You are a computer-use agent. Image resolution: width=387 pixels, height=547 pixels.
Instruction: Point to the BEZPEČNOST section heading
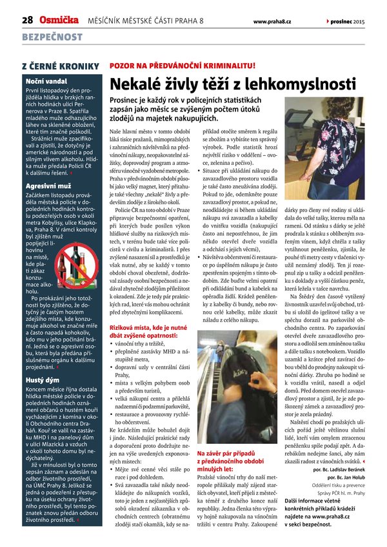coord(52,38)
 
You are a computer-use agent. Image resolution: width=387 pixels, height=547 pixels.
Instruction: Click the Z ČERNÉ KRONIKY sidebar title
coord(61,66)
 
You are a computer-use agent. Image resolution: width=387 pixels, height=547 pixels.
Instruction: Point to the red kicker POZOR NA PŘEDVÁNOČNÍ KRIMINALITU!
coord(183,66)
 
